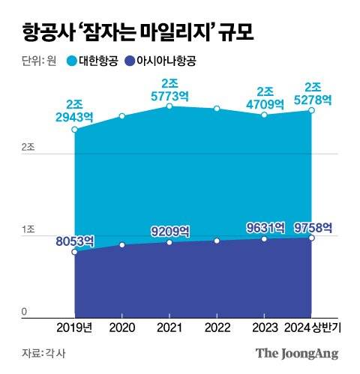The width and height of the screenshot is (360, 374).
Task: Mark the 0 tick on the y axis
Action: click(x=24, y=311)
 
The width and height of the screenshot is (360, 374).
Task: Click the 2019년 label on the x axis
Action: click(x=75, y=328)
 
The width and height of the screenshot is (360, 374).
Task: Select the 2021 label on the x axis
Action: click(x=169, y=328)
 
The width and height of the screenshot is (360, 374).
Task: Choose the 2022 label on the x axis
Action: click(x=217, y=328)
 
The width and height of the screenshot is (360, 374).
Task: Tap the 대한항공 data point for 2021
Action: click(x=169, y=106)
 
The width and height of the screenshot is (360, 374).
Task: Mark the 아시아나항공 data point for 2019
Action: click(x=75, y=252)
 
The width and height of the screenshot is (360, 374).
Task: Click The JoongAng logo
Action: click(x=298, y=352)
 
